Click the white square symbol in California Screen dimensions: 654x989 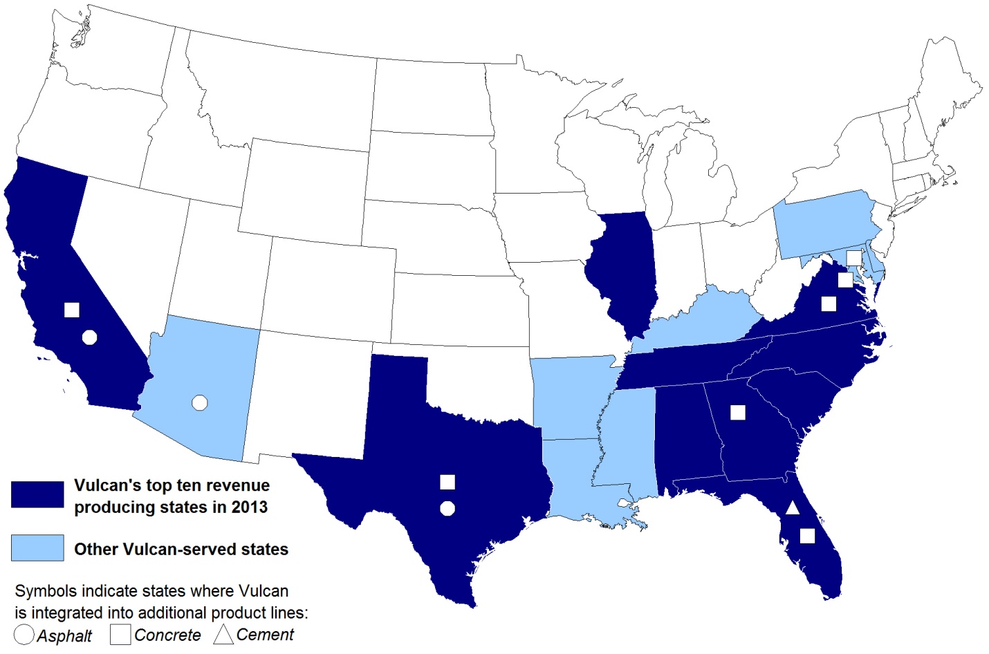[x=71, y=310]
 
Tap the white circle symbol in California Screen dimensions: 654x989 [x=89, y=337]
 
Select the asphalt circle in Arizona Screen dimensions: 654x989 [x=200, y=402]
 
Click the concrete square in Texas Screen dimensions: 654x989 [x=447, y=482]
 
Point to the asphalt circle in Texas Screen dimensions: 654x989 [x=447, y=509]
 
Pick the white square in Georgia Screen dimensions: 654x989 [x=738, y=413]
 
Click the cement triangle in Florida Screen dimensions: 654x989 [x=793, y=508]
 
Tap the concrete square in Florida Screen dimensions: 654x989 [x=807, y=536]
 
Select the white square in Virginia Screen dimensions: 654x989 [x=829, y=303]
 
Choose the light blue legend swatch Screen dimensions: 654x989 [x=37, y=548]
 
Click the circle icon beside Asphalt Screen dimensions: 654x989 [x=24, y=635]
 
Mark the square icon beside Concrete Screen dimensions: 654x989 [x=120, y=635]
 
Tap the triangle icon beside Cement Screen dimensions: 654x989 [x=223, y=635]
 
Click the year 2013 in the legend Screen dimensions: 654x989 [x=249, y=507]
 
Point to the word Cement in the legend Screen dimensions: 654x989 [x=265, y=635]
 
